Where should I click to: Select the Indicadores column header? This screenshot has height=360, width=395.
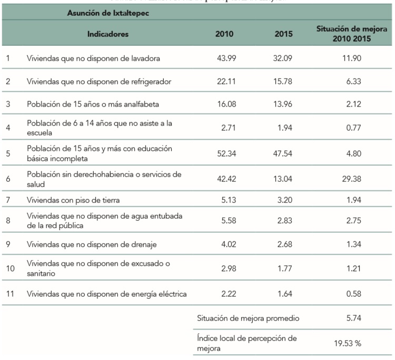pyautogui.click(x=108, y=34)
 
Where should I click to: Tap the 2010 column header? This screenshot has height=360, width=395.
pyautogui.click(x=224, y=34)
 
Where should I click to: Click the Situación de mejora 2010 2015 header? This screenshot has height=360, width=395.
pyautogui.click(x=351, y=34)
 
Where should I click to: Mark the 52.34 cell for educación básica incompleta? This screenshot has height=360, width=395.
pyautogui.click(x=225, y=153)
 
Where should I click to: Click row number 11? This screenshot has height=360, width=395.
pyautogui.click(x=8, y=294)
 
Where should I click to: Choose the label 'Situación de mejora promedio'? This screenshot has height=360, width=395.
pyautogui.click(x=249, y=319)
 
